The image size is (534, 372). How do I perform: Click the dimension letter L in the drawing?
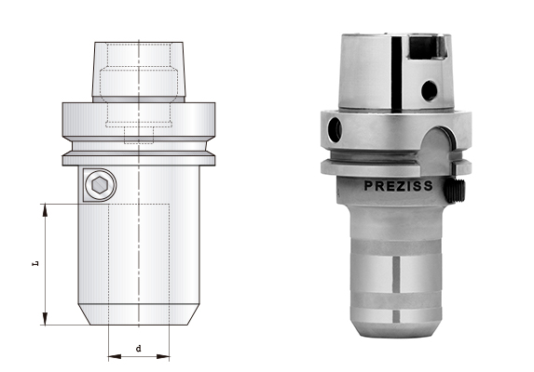pos(35,264)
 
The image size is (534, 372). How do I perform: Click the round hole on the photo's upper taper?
pos(429,90)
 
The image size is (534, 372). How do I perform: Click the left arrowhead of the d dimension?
pos(112,355)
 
